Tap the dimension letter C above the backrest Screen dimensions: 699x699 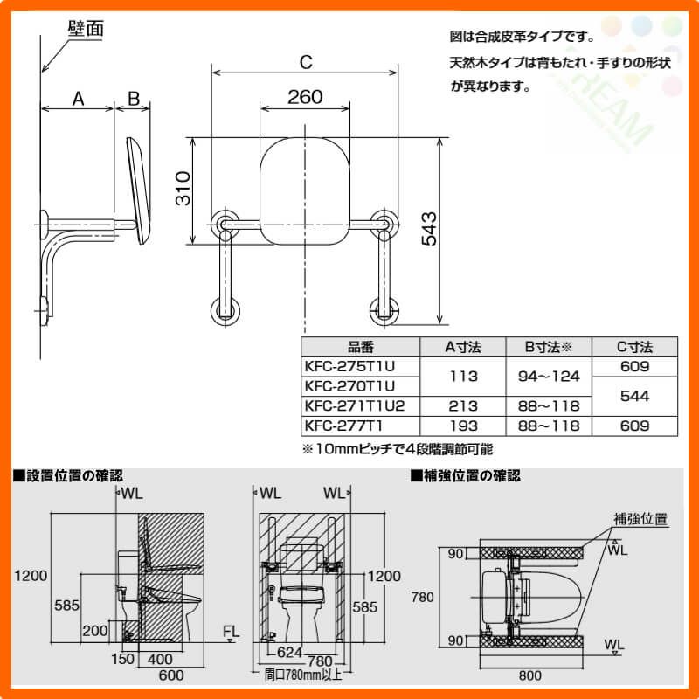305,62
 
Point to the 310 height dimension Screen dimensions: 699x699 182,190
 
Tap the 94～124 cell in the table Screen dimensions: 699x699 548,377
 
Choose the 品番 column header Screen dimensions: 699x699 360,347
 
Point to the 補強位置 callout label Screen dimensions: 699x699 640,518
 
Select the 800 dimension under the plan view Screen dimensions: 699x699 529,675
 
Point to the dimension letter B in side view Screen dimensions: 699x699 134,98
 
